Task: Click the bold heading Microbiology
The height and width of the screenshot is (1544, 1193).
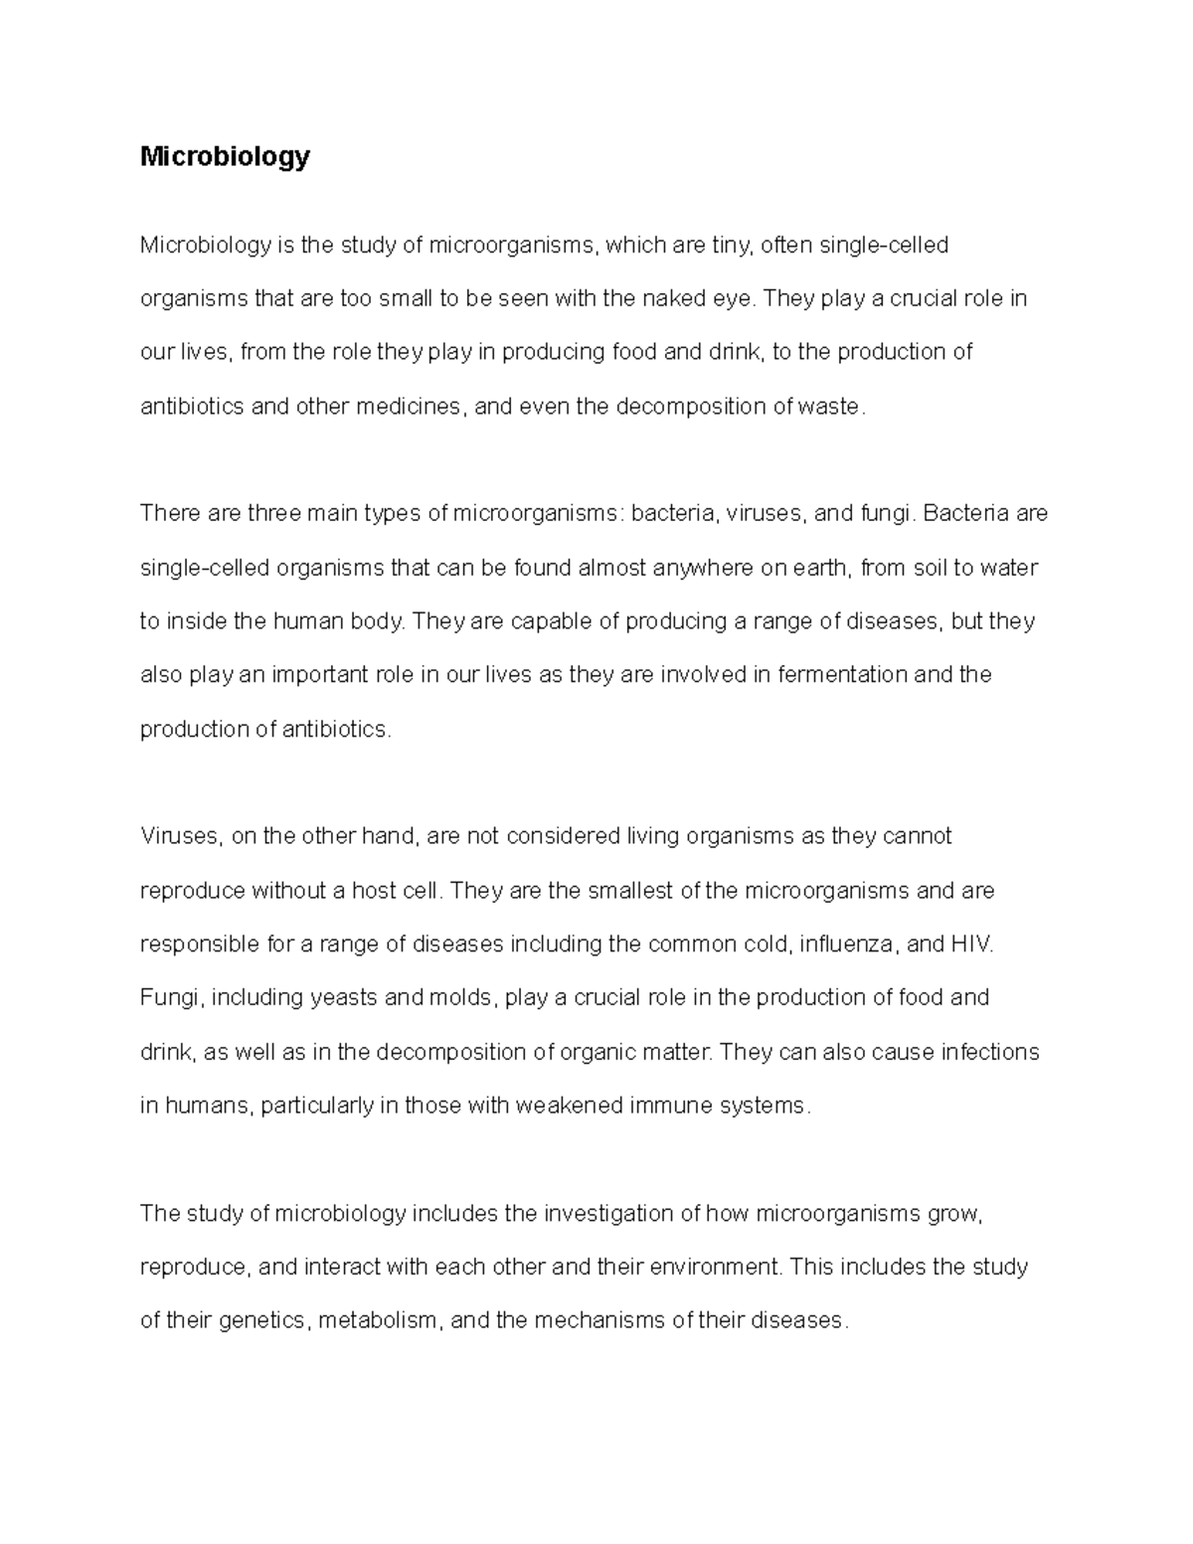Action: tap(225, 157)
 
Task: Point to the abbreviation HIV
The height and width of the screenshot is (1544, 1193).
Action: tap(970, 944)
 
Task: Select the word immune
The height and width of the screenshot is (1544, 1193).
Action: tap(664, 1106)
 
